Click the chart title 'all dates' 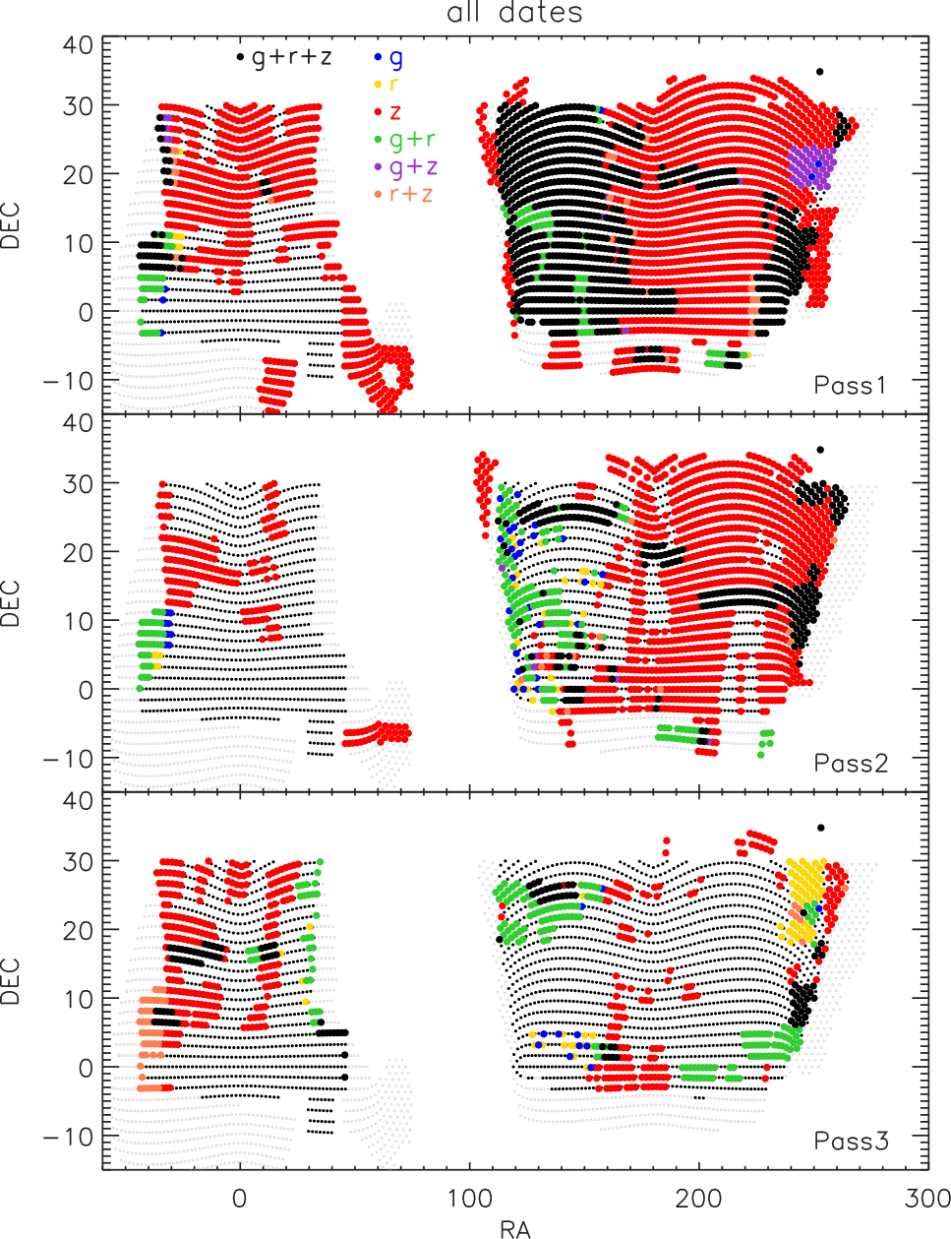[514, 13]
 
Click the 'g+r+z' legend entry [284, 57]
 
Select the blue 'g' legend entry [388, 57]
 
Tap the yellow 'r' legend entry [386, 85]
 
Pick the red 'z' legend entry [387, 112]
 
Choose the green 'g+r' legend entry [404, 139]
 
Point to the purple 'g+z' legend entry [405, 166]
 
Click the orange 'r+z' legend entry [403, 194]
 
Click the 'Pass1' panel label [850, 386]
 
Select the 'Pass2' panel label [851, 764]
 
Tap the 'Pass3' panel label [851, 1142]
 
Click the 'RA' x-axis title [515, 1227]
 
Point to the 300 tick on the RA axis [927, 1199]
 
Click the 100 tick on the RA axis [469, 1199]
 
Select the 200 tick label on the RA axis [698, 1199]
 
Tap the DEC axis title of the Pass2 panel [10, 604]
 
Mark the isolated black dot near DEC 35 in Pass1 [819, 72]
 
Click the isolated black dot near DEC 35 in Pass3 [820, 828]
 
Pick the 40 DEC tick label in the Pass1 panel [78, 45]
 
